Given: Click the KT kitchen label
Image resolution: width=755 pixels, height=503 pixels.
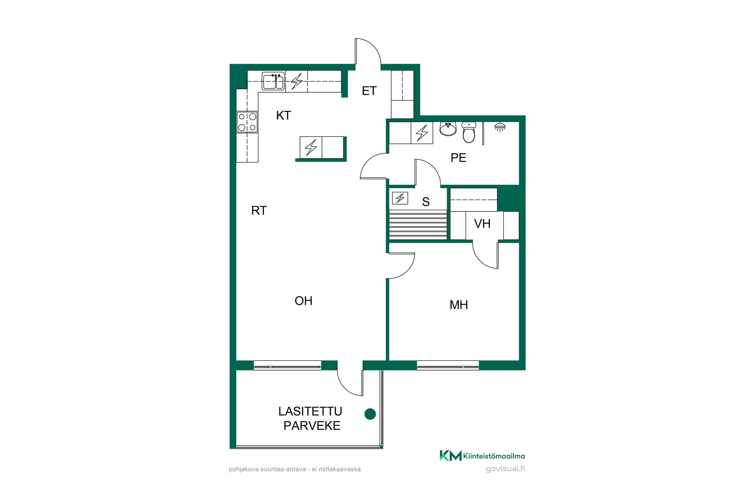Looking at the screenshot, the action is pyautogui.click(x=284, y=116).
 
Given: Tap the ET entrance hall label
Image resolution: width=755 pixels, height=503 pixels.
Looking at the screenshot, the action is pyautogui.click(x=369, y=91).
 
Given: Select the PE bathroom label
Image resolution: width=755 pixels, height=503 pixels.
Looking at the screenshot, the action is pyautogui.click(x=459, y=158).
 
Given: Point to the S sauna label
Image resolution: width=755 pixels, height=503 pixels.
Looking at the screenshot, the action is pyautogui.click(x=426, y=202).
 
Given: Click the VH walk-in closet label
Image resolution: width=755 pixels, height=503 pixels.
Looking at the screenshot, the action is pyautogui.click(x=482, y=224).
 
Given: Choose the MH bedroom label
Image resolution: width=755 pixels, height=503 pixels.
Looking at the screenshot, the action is pyautogui.click(x=459, y=305).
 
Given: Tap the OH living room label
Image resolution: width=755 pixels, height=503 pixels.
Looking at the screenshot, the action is pyautogui.click(x=304, y=301).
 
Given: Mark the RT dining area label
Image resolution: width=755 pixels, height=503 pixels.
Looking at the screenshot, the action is pyautogui.click(x=259, y=211).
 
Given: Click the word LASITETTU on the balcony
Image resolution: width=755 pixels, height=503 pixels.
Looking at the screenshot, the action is pyautogui.click(x=310, y=411).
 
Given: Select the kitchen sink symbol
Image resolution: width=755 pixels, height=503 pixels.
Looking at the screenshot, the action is pyautogui.click(x=273, y=81).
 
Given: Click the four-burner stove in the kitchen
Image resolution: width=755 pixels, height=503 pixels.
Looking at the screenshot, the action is pyautogui.click(x=247, y=122).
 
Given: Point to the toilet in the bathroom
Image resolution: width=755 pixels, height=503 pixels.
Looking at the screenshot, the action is pyautogui.click(x=469, y=132).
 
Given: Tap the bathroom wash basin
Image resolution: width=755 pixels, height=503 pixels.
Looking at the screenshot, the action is pyautogui.click(x=448, y=129).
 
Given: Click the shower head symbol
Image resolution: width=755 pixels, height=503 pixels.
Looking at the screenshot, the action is pyautogui.click(x=500, y=127).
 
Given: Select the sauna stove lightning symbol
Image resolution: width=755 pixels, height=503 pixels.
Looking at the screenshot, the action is pyautogui.click(x=400, y=198).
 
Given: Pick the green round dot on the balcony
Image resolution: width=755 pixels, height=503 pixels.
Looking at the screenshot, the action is pyautogui.click(x=370, y=414).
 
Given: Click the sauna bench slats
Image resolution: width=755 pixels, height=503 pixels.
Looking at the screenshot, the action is pyautogui.click(x=418, y=225).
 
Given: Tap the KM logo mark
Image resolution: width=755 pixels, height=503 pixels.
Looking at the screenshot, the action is pyautogui.click(x=451, y=455).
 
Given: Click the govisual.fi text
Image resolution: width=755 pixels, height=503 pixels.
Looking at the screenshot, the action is pyautogui.click(x=505, y=469).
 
